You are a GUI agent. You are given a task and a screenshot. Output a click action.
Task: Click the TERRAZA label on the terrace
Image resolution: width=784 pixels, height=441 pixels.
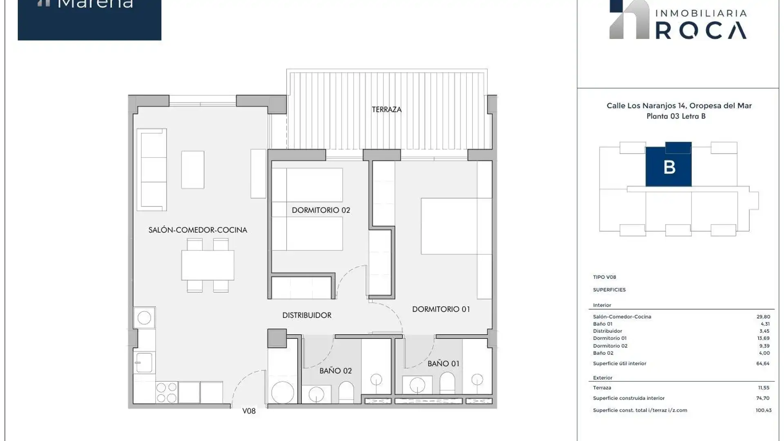tap(386, 109)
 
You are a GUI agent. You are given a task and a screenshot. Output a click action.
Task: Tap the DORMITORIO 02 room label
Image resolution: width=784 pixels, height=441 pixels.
tap(321, 210)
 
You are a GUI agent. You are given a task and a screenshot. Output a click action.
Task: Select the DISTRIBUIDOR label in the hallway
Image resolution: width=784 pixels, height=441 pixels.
tap(307, 315)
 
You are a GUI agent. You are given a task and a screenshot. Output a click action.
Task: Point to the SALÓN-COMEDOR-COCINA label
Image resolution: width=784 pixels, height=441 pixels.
tap(198, 230)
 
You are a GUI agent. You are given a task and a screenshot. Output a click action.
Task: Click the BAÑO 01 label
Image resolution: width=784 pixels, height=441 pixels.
tap(443, 363)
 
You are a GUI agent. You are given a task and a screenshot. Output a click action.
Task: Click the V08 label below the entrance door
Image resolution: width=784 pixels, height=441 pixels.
tap(249, 411)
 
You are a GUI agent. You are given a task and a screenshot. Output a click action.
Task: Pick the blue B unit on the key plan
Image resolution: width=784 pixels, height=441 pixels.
tap(668, 167)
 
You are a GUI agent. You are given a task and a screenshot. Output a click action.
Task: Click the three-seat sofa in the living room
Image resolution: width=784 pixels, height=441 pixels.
tap(152, 169)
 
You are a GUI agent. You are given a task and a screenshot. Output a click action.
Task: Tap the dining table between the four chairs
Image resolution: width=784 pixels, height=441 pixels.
tap(207, 265)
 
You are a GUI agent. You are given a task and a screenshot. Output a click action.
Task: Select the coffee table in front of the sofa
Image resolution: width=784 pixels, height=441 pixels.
tap(192, 169)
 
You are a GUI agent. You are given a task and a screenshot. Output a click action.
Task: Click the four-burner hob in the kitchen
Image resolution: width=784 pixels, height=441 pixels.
tap(167, 392)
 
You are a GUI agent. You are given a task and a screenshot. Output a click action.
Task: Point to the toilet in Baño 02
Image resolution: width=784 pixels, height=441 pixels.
tap(346, 392)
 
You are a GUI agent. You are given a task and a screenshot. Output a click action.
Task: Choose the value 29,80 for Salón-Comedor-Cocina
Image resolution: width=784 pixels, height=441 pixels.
tap(763, 317)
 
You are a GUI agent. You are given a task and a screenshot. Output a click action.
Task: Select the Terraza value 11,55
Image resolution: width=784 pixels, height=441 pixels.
tap(763, 388)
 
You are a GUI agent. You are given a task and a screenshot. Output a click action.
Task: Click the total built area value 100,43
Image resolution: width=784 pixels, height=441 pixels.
tap(763, 410)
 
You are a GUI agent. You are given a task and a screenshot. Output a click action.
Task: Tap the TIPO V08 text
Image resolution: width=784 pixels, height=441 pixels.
tap(604, 277)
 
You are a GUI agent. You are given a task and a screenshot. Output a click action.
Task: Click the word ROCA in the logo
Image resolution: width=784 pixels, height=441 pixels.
tap(701, 31)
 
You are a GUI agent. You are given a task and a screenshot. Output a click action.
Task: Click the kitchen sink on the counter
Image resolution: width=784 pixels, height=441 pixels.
tap(144, 363)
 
